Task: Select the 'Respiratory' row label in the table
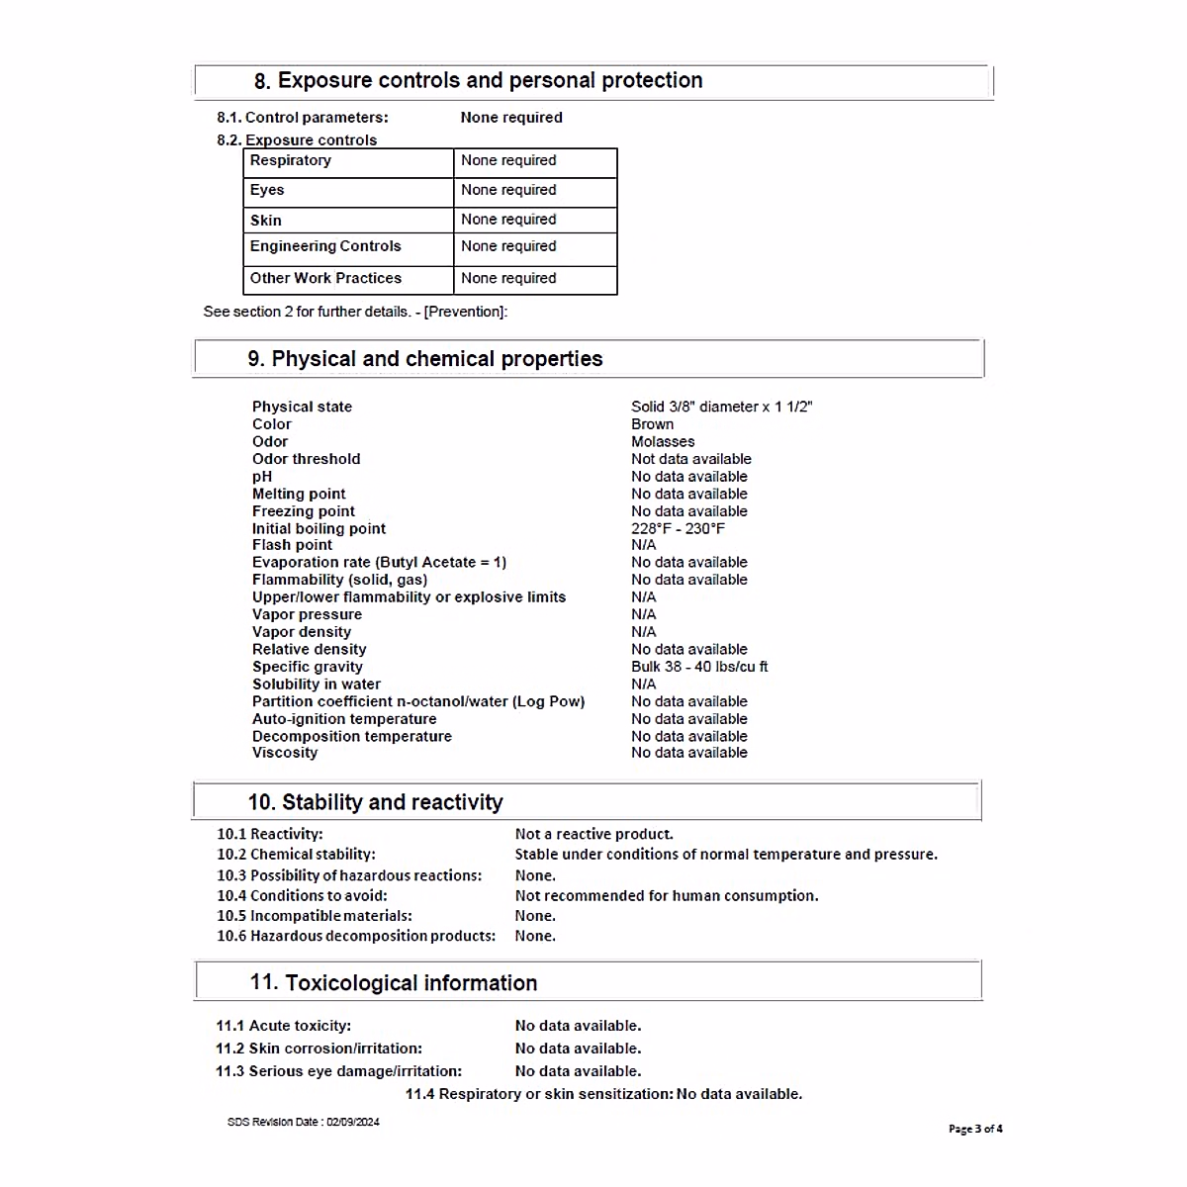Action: tap(291, 160)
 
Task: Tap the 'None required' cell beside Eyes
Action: tap(508, 190)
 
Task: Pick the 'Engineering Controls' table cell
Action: tap(325, 246)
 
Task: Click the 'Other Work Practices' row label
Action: tap(325, 279)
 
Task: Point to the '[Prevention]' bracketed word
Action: tap(465, 312)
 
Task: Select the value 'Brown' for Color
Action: tap(652, 424)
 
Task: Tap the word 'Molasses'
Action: tap(663, 442)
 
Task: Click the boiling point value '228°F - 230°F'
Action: tap(678, 529)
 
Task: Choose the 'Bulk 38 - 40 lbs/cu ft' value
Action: tap(699, 667)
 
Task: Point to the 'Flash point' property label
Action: tap(292, 545)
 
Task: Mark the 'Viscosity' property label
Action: tap(285, 753)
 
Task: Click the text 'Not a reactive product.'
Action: tap(593, 834)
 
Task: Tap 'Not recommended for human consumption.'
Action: tap(667, 896)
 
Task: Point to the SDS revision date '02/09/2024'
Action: tap(353, 1122)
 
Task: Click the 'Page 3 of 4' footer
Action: tap(975, 1129)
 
